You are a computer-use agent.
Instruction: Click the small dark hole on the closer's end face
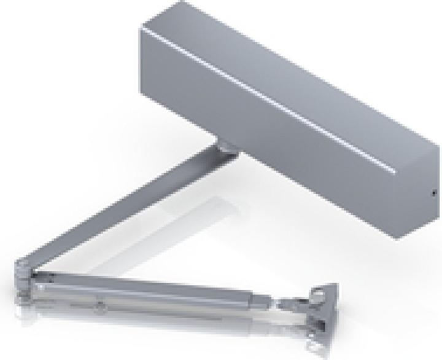click(433, 194)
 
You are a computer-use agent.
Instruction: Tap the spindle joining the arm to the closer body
click(225, 147)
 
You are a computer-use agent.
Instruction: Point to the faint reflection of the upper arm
click(178, 215)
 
